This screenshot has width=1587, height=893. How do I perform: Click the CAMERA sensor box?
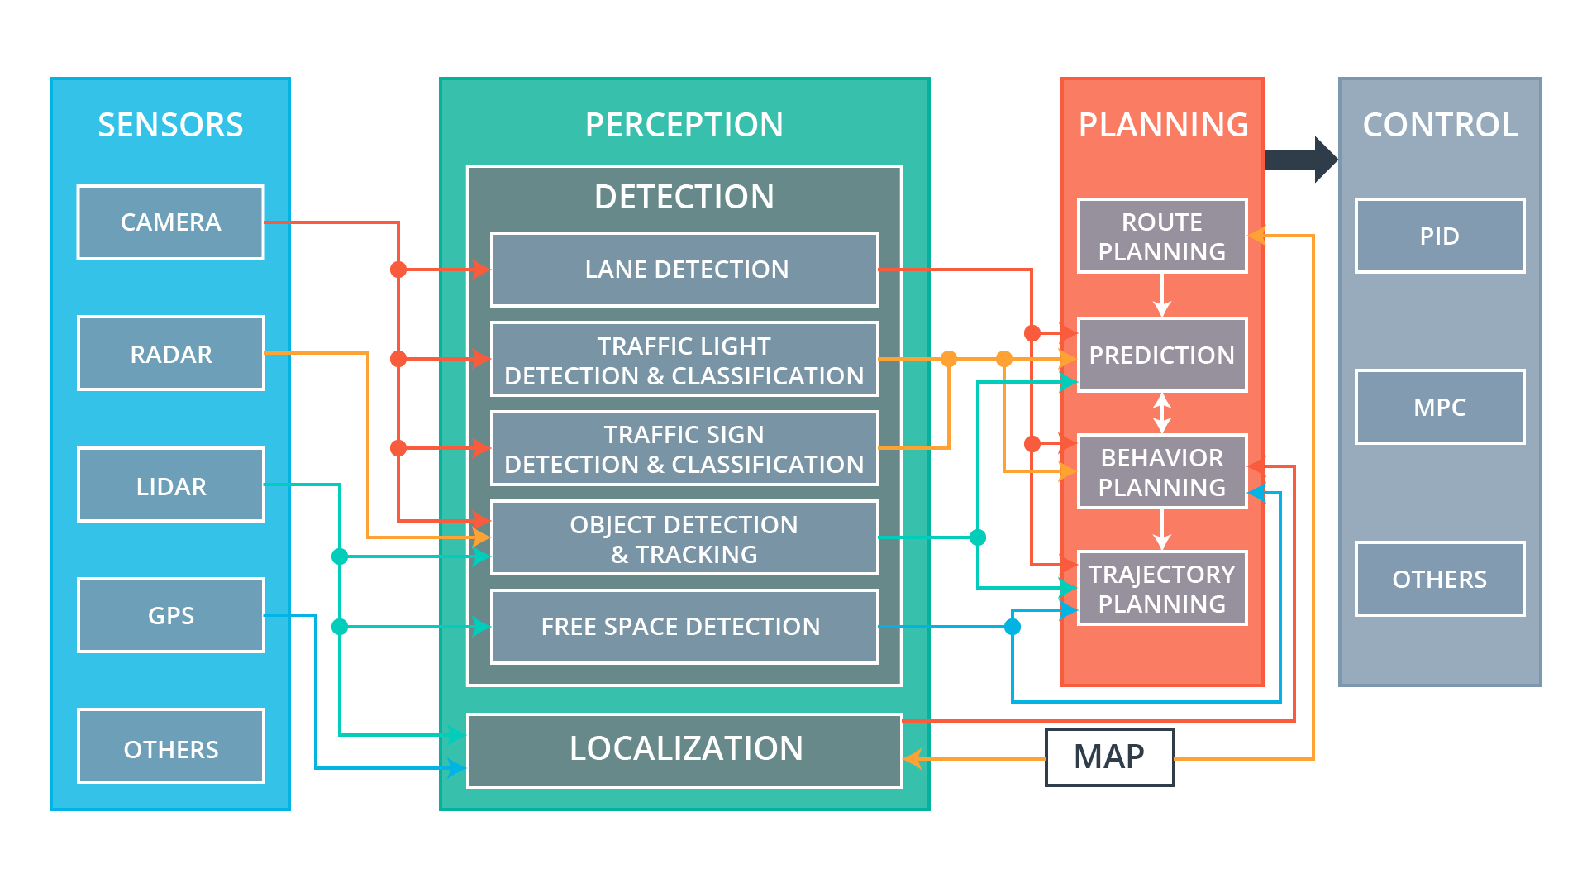(171, 222)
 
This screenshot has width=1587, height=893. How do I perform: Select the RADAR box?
(171, 354)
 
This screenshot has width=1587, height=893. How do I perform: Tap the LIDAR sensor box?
(171, 485)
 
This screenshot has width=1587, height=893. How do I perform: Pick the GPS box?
(171, 616)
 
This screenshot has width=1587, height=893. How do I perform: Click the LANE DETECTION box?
(684, 270)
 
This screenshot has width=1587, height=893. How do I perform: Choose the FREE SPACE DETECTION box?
(684, 627)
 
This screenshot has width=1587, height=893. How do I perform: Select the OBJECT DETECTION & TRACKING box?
(684, 538)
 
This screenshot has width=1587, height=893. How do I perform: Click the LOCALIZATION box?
(684, 750)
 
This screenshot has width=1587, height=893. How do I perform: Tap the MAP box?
(1109, 757)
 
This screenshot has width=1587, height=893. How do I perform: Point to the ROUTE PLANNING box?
(1162, 236)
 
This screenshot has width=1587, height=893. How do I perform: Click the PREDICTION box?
(1162, 355)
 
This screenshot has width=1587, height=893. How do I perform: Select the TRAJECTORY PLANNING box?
(1162, 589)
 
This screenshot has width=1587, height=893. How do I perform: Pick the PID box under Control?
(1440, 236)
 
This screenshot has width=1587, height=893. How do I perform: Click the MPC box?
(1440, 407)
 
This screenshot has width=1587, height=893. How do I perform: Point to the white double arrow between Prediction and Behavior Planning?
(1162, 413)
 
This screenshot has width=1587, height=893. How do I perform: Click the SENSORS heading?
(170, 125)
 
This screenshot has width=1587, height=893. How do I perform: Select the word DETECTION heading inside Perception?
(684, 197)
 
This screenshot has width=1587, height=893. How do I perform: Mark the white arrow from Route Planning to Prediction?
(1162, 295)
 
